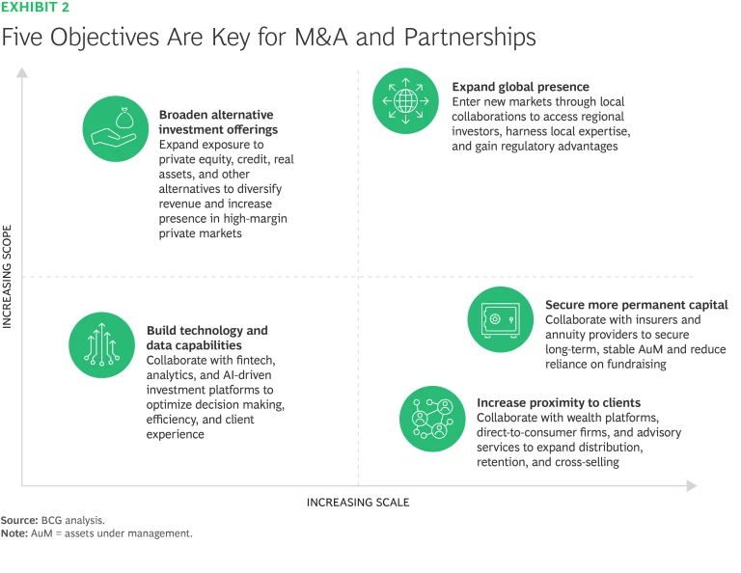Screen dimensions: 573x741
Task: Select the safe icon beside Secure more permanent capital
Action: [x=500, y=319]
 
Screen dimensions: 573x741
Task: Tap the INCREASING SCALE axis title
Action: [x=358, y=502]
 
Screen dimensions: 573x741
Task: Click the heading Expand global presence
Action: [x=520, y=87]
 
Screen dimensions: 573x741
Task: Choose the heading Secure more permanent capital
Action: [x=636, y=305]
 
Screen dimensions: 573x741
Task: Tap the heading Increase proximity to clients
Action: [x=559, y=402]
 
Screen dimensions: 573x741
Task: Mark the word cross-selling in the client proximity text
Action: [x=583, y=462]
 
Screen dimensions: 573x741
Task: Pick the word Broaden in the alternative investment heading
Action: [x=183, y=114]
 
